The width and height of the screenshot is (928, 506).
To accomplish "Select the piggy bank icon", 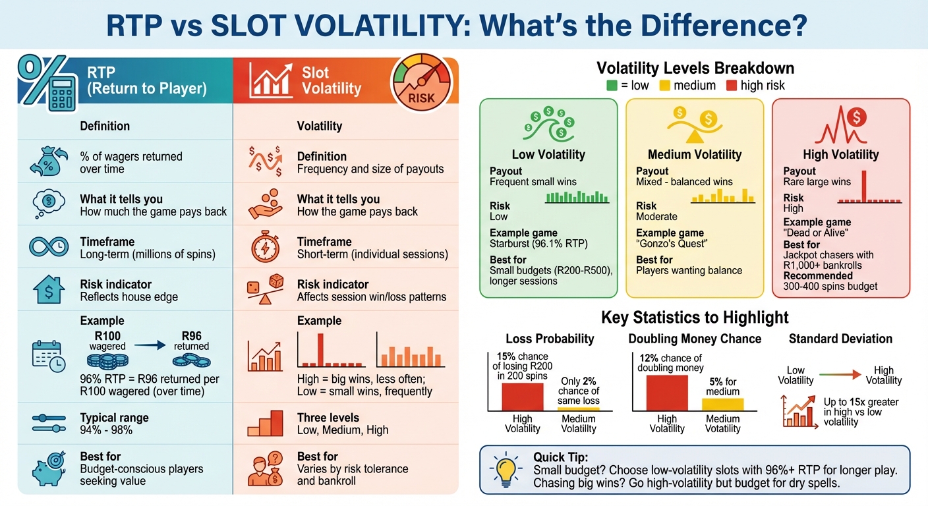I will [x=49, y=468].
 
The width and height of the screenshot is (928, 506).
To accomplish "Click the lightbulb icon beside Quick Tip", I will [x=504, y=469].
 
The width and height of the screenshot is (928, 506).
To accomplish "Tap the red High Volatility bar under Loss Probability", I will [x=522, y=397].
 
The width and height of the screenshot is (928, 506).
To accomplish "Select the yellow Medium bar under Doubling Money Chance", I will [x=722, y=405].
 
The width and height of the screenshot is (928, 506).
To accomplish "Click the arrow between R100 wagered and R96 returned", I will [x=151, y=345].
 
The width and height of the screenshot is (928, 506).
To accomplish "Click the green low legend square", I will [x=611, y=85].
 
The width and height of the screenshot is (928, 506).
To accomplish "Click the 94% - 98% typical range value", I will [x=106, y=430].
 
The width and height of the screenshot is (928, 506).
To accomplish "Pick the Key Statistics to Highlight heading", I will [x=695, y=318].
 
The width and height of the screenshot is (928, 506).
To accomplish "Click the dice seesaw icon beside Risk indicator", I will [x=265, y=291].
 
